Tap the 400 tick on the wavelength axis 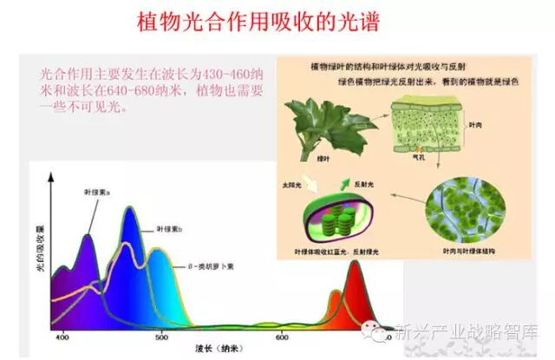tap(62, 337)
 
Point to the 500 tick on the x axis tap(160, 337)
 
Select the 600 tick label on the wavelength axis tap(282, 337)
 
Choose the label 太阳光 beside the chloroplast tap(297, 186)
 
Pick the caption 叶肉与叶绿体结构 tap(473, 251)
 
